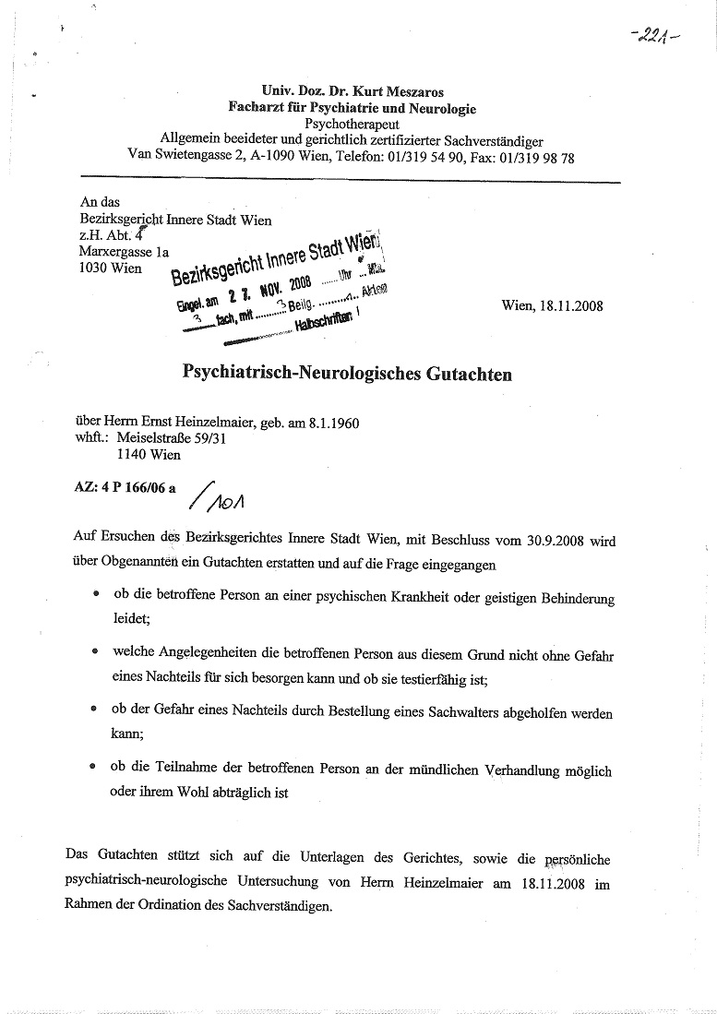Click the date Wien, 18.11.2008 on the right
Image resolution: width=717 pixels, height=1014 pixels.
tap(553, 305)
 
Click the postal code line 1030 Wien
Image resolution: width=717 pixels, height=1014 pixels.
tap(110, 268)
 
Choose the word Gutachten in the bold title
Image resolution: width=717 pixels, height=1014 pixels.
tap(462, 375)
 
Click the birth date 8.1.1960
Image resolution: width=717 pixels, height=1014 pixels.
tap(329, 423)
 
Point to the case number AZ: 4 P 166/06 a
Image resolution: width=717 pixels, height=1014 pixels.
tap(125, 487)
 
